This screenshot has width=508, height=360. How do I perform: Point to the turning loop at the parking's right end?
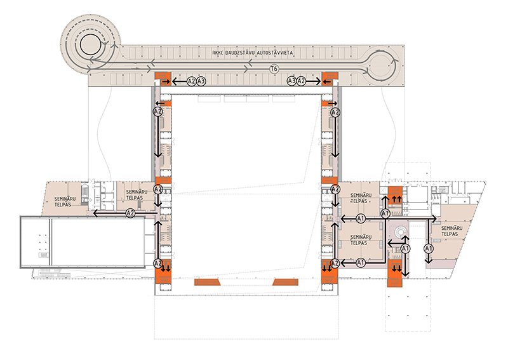tap(384, 65)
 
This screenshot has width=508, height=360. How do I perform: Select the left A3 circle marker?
tap(201, 81)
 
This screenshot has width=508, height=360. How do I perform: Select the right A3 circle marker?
tap(292, 81)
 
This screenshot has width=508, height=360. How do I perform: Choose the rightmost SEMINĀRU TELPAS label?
tap(451, 231)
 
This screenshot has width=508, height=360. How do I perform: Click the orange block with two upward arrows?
tap(396, 196)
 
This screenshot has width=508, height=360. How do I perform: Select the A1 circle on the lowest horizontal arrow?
tap(360, 262)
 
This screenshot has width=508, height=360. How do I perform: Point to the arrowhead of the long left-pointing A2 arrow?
tap(95, 214)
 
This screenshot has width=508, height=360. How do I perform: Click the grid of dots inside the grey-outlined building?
tap(42, 244)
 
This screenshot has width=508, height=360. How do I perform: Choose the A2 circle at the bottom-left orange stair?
tap(158, 263)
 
